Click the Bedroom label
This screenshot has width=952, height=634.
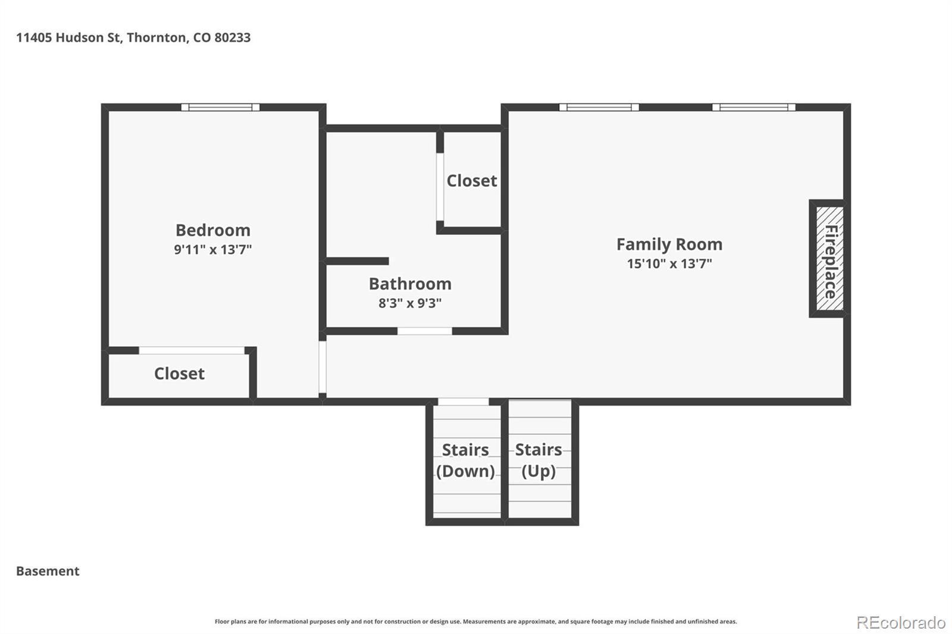[213, 230]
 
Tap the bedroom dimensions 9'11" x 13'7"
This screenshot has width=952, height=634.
[213, 249]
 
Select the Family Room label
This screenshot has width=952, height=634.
[669, 244]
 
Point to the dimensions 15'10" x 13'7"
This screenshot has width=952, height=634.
[669, 263]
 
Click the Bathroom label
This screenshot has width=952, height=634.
[410, 284]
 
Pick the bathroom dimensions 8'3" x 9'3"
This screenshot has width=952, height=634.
[410, 303]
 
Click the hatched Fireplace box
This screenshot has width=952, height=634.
[829, 258]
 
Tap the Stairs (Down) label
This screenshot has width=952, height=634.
[465, 460]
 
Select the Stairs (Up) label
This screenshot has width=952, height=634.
[538, 460]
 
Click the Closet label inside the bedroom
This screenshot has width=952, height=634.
[179, 374]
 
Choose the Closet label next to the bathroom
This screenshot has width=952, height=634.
[472, 181]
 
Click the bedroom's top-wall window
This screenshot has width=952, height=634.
[220, 107]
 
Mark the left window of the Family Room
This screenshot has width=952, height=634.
[599, 107]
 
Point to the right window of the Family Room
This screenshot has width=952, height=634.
[754, 107]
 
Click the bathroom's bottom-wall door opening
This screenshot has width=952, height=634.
[425, 331]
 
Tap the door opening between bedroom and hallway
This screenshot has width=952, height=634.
[322, 367]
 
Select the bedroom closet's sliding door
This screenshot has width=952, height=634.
[192, 350]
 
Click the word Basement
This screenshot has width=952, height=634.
[48, 571]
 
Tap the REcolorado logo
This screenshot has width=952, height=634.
[901, 623]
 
